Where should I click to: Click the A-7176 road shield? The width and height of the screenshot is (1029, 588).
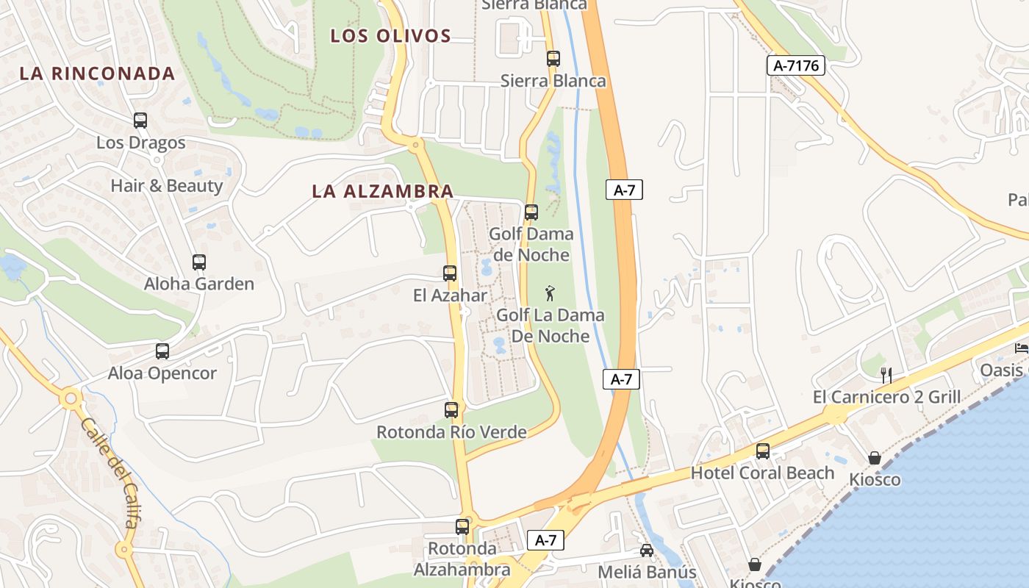(796, 65)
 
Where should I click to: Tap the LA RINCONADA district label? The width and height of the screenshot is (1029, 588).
(97, 73)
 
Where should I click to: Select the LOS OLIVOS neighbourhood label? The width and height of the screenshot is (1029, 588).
(390, 36)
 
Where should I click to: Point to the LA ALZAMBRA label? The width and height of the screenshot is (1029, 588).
(382, 191)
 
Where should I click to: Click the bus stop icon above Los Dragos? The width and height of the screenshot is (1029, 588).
(140, 121)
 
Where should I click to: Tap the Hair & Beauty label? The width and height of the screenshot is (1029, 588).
(166, 185)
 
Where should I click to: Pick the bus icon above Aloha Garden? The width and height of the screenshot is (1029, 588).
(199, 262)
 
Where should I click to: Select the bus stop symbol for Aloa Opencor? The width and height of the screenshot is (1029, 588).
(162, 351)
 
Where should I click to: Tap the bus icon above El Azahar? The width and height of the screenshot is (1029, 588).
(450, 273)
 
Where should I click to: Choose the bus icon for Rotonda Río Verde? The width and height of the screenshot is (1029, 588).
(451, 410)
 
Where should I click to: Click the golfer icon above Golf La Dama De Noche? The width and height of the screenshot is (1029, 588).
(550, 294)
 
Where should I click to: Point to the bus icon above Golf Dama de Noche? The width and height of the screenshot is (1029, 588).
(531, 212)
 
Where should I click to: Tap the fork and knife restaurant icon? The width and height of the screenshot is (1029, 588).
(886, 375)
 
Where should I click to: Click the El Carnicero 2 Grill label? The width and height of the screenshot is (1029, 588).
(886, 398)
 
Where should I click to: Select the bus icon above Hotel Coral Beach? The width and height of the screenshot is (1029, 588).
(763, 451)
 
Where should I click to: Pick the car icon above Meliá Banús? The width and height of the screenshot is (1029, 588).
(647, 551)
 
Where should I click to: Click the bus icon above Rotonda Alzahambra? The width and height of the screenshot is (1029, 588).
(462, 527)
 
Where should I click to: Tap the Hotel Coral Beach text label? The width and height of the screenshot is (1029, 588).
(762, 473)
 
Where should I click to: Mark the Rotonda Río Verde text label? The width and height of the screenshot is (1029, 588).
(451, 432)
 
